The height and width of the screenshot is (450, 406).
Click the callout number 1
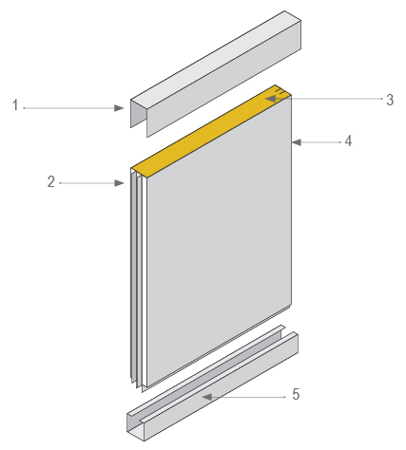coord(15,105)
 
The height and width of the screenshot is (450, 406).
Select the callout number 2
coord(51,182)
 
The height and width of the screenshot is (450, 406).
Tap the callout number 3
coord(390,100)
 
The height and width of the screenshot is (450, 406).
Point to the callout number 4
coord(348,141)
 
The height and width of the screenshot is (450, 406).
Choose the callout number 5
coord(296,394)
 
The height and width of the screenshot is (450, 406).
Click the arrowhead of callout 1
coord(119,108)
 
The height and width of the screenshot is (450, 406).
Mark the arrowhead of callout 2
coord(119,183)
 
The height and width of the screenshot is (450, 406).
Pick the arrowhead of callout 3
coord(271,99)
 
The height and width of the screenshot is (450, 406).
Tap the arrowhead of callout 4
coord(297,142)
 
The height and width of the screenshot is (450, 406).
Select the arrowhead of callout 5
coord(207,397)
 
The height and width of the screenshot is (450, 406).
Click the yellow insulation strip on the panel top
coord(211,131)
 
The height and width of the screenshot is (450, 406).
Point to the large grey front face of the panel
coord(219,240)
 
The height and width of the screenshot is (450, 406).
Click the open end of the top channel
coord(140,114)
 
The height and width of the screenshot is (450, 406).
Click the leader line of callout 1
coord(69,108)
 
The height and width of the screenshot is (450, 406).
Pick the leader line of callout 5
coord(248,397)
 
